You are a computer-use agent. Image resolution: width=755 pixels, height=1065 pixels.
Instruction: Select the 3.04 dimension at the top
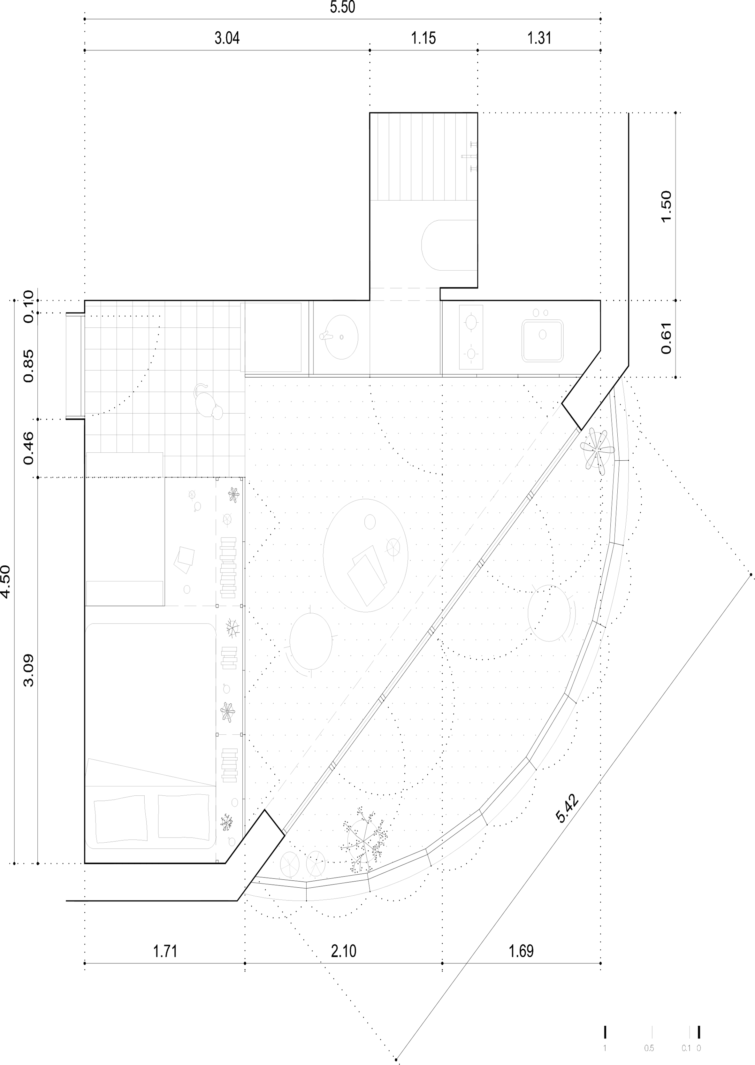coord(227,38)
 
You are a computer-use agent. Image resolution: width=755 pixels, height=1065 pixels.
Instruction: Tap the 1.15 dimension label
coord(423,38)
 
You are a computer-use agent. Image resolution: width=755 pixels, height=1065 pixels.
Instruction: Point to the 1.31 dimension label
coord(539,38)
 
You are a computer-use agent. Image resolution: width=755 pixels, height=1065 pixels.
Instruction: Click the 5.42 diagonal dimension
coord(567,809)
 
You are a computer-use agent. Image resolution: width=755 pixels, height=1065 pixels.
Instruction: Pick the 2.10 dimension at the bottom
coord(344,951)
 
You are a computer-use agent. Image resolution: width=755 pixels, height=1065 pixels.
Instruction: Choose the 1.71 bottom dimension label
coord(165,951)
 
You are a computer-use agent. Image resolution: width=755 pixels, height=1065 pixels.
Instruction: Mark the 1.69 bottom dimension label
coord(521,951)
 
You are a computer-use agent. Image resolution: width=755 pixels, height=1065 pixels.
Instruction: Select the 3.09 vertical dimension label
coord(29,670)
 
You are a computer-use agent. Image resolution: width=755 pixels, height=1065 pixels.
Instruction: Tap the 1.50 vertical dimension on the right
coord(666,206)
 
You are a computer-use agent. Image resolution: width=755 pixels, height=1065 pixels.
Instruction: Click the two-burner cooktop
coord(471,337)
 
